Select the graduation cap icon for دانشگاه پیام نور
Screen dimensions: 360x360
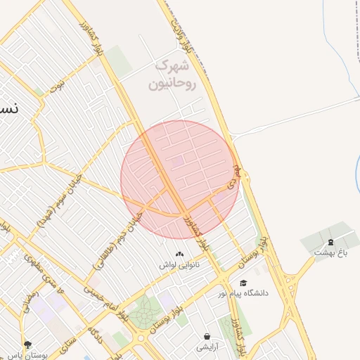(243, 283)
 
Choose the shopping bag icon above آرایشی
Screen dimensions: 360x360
(207, 337)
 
